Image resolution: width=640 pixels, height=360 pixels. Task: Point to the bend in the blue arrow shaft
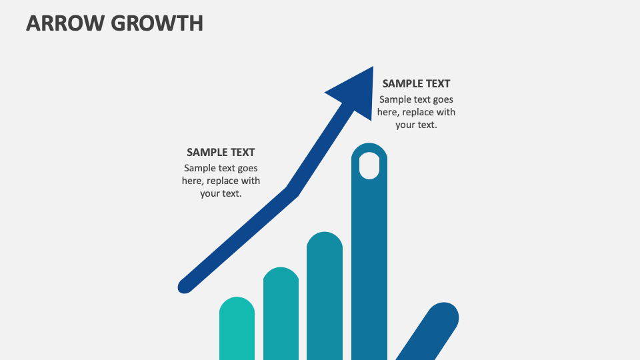[292, 191]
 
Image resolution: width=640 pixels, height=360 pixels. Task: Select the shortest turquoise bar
[237, 330]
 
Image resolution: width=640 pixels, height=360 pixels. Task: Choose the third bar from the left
[325, 297]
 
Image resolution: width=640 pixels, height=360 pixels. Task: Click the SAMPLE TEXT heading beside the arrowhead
[416, 83]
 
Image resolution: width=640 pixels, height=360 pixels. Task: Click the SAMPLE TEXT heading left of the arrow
[221, 152]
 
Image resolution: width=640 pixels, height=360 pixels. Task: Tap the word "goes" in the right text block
[442, 99]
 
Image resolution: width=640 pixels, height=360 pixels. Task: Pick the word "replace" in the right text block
[420, 112]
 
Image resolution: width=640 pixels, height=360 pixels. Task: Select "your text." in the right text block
[416, 125]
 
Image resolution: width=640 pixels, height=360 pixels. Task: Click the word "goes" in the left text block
[247, 168]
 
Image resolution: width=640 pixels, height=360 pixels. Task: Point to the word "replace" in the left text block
[225, 181]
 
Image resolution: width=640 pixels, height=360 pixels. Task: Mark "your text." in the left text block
[221, 193]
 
